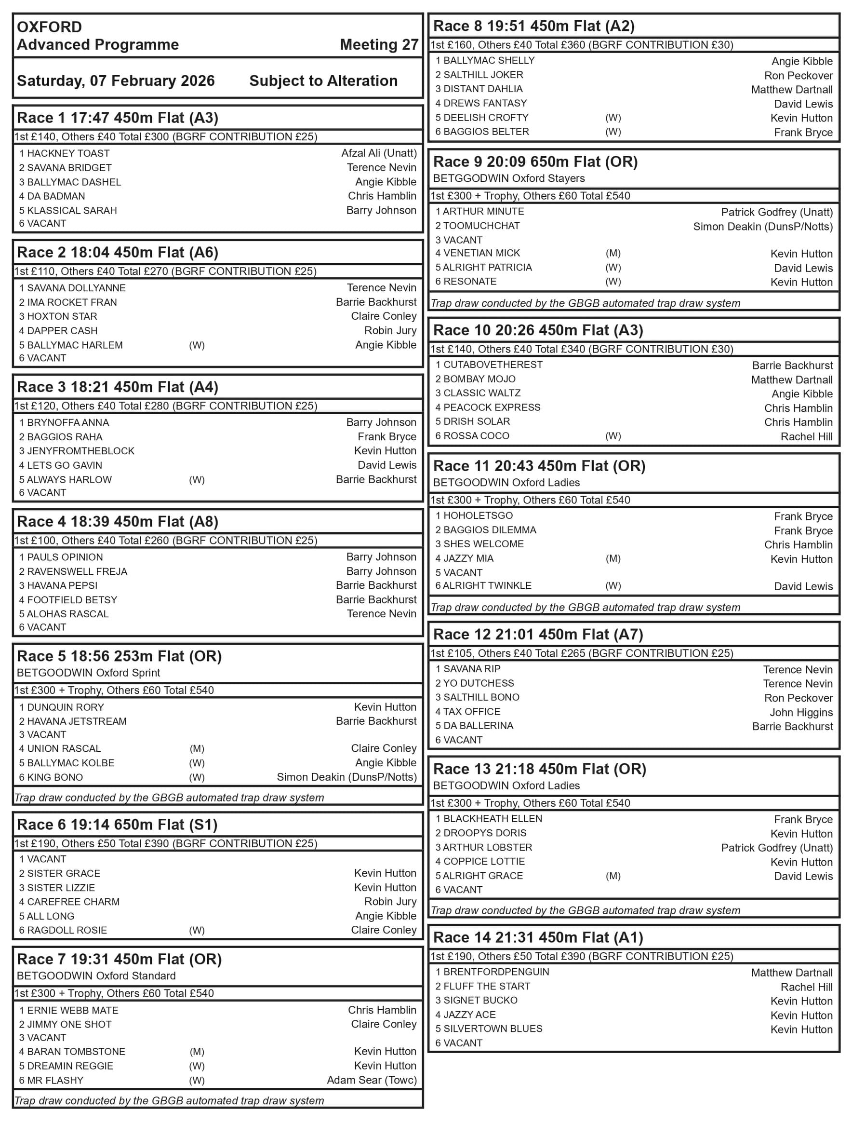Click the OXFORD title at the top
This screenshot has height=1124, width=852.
click(x=49, y=27)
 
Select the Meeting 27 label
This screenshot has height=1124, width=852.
click(x=379, y=45)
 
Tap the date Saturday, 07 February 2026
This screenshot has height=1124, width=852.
click(x=116, y=81)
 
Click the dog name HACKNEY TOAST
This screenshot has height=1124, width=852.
click(x=68, y=153)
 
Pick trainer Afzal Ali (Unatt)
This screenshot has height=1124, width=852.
click(x=379, y=153)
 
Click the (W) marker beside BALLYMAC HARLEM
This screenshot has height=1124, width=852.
click(x=197, y=346)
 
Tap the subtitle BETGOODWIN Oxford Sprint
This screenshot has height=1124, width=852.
click(x=88, y=673)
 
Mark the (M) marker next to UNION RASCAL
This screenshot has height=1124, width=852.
click(x=197, y=748)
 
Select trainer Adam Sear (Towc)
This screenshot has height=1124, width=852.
click(x=372, y=1080)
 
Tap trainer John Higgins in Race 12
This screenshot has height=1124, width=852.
click(x=801, y=712)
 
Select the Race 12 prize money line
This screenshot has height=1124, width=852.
click(x=582, y=653)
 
